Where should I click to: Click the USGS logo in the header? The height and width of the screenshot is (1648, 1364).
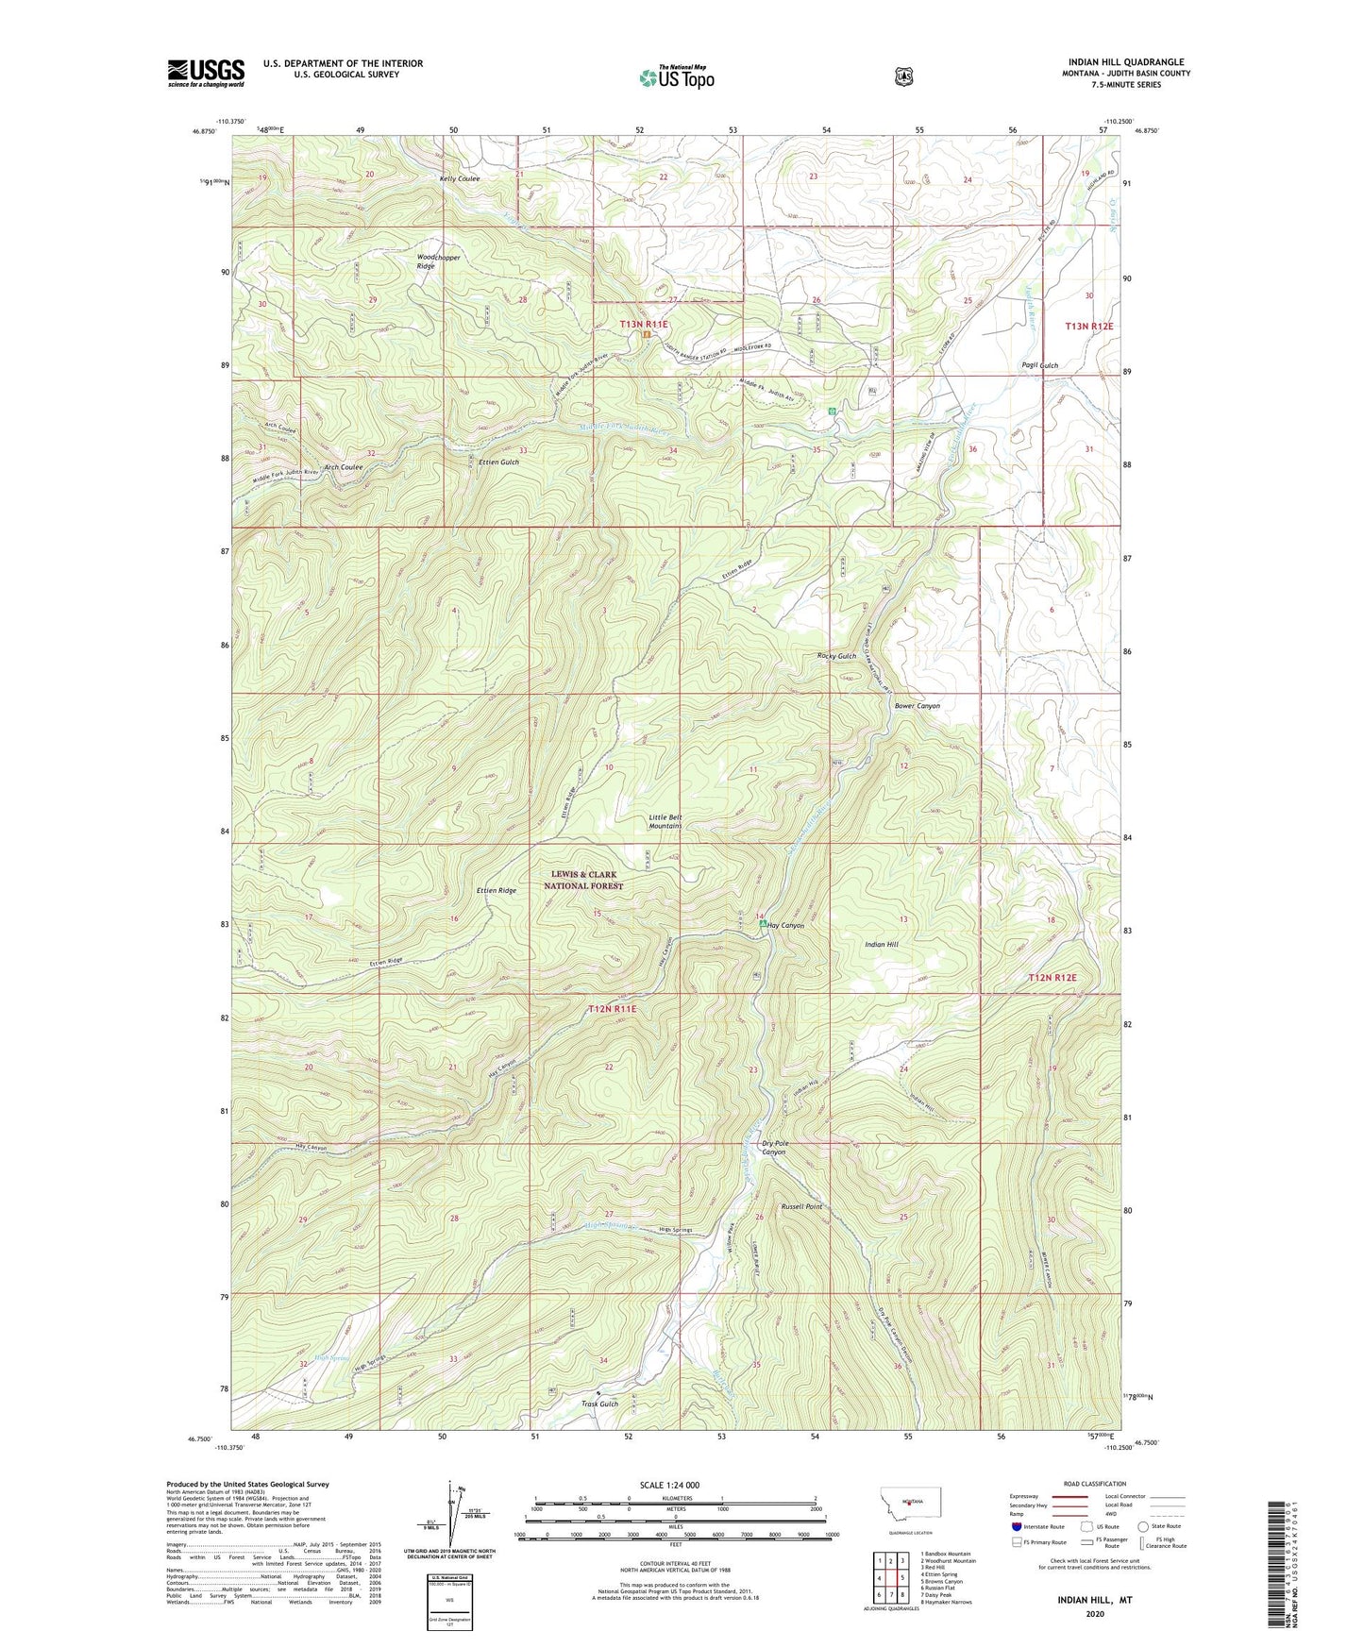pyautogui.click(x=206, y=73)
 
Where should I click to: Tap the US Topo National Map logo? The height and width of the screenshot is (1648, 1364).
pyautogui.click(x=675, y=77)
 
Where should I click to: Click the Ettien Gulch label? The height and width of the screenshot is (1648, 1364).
pyautogui.click(x=498, y=462)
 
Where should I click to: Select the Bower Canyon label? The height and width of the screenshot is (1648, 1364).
pyautogui.click(x=917, y=705)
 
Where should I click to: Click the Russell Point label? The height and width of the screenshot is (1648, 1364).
pyautogui.click(x=801, y=1206)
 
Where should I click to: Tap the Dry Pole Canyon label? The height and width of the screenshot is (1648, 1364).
pyautogui.click(x=774, y=1148)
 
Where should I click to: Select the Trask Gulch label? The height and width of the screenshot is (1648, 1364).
pyautogui.click(x=600, y=1404)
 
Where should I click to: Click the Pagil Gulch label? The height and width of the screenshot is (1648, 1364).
pyautogui.click(x=1039, y=365)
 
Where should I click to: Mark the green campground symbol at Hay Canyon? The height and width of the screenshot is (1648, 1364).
pyautogui.click(x=763, y=925)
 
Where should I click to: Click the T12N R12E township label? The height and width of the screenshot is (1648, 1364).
pyautogui.click(x=1052, y=978)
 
